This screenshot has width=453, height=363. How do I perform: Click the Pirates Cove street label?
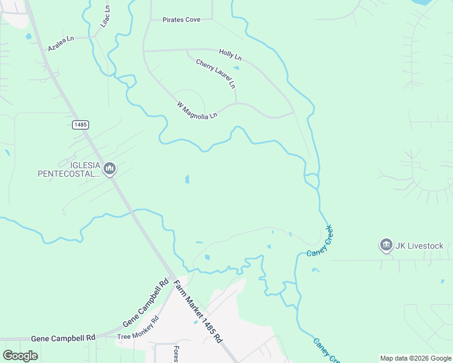click(181, 20)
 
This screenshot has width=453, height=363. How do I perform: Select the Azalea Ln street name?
click(61, 43)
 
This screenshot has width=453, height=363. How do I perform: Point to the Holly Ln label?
click(230, 55)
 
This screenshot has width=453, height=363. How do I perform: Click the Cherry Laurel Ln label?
click(216, 74)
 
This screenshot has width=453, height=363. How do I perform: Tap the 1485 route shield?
click(80, 125)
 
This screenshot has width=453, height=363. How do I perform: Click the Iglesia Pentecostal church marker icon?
click(110, 168)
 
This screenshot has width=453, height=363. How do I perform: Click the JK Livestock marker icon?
click(386, 245)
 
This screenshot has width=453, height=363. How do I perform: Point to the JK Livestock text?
click(420, 246)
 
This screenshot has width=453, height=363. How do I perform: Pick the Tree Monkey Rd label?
click(137, 327)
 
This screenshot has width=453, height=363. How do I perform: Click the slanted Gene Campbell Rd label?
click(145, 302)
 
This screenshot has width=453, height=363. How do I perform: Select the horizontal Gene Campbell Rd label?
click(64, 338)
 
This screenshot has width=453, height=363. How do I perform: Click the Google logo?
click(20, 355)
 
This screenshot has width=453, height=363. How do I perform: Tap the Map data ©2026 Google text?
click(415, 358)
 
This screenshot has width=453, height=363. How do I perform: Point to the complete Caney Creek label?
click(320, 241)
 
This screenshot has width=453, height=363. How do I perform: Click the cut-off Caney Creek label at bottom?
click(323, 351)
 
